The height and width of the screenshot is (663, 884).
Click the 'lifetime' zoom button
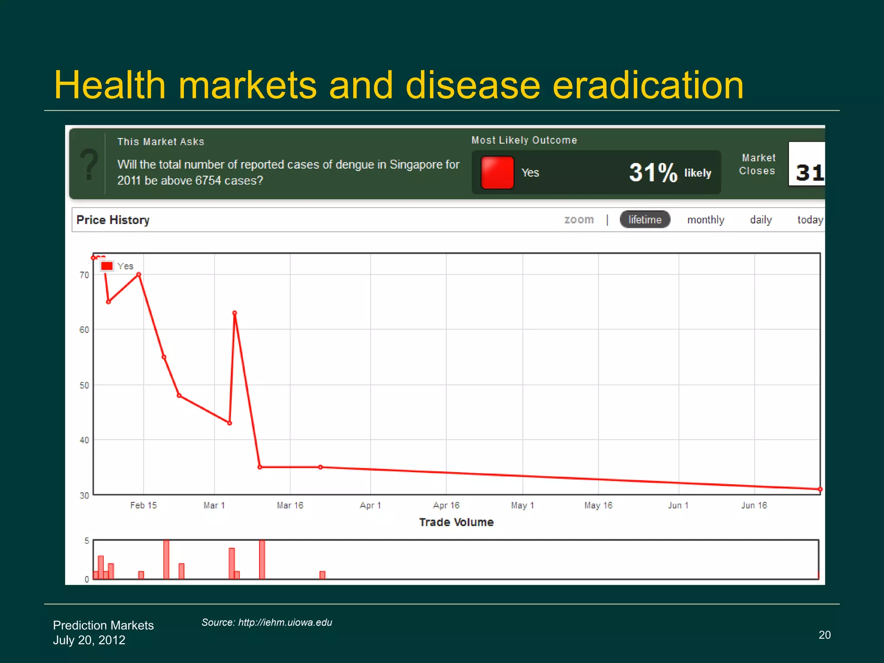click(x=645, y=220)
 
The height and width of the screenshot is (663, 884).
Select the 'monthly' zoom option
click(x=706, y=220)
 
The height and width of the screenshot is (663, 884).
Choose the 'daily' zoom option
click(x=761, y=220)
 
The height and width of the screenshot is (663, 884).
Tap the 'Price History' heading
click(x=113, y=220)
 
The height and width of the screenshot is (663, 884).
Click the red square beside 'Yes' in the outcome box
click(x=497, y=173)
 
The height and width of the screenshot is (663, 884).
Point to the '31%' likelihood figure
click(x=653, y=172)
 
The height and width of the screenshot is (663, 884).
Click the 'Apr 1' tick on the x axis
click(x=370, y=505)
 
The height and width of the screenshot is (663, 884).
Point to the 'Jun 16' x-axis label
click(x=754, y=505)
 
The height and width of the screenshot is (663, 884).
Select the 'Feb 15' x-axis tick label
click(x=144, y=505)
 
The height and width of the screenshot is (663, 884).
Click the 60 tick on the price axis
click(x=84, y=330)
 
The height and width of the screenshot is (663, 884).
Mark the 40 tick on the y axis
click(x=84, y=440)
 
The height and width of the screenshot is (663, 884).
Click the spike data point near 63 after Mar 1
click(x=234, y=313)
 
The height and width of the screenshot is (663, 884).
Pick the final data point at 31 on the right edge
click(x=820, y=489)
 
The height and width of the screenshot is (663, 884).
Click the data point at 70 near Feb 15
click(x=139, y=275)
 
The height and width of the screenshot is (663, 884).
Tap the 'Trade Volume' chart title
click(x=456, y=522)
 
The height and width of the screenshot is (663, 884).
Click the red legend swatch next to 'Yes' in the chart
click(x=107, y=266)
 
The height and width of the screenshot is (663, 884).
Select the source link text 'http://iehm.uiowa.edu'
click(x=285, y=622)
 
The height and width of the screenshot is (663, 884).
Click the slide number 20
click(x=824, y=635)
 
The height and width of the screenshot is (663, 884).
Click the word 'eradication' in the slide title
click(x=648, y=85)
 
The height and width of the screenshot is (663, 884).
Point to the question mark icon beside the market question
click(x=89, y=164)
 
